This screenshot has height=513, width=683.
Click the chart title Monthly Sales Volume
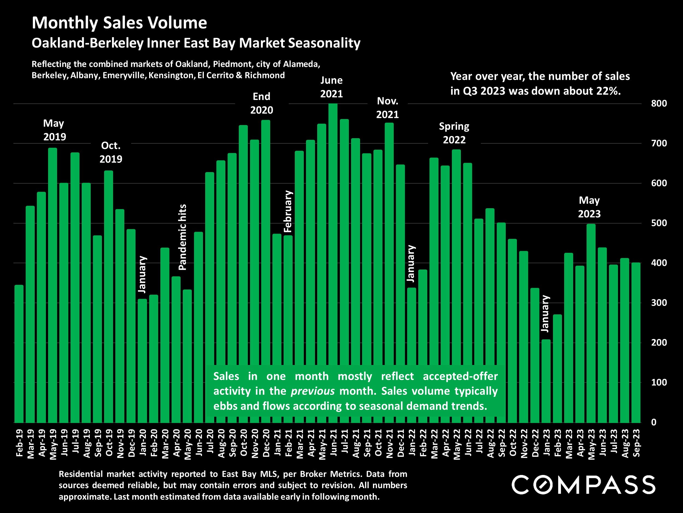119,23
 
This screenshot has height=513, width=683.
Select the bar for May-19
52,285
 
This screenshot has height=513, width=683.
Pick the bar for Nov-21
389,272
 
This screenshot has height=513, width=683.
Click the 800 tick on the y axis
659,104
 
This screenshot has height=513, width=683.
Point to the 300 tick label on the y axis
659,303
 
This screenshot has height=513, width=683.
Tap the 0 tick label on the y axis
654,422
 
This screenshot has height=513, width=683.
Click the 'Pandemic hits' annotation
182,237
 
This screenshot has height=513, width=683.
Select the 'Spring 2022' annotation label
454,133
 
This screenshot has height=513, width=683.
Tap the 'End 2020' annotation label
261,103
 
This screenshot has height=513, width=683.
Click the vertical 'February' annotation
287,211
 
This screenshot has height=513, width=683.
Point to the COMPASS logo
583,485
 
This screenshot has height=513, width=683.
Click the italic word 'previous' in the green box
313,391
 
